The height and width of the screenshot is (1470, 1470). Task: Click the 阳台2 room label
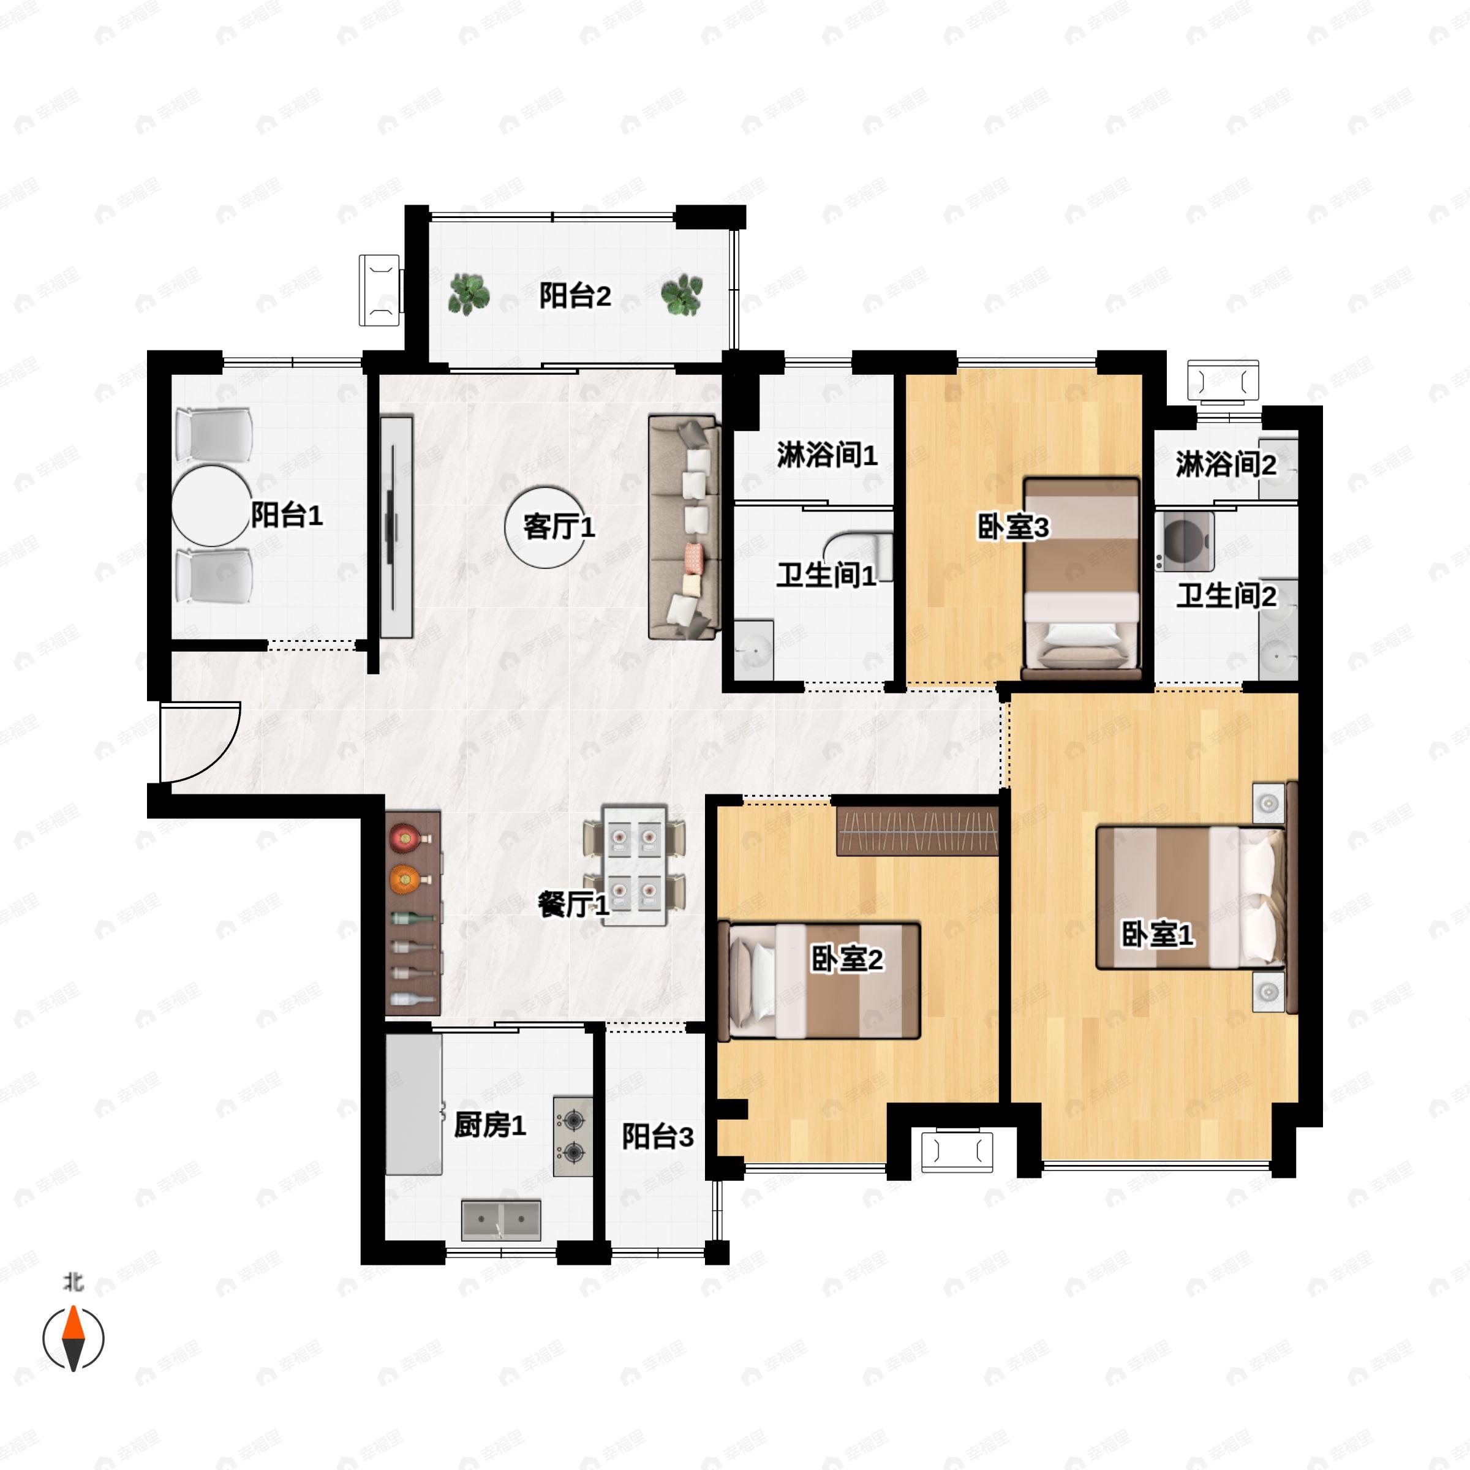[x=575, y=295]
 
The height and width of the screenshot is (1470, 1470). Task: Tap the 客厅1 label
[x=559, y=527]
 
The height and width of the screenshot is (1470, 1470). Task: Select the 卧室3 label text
[x=1012, y=527]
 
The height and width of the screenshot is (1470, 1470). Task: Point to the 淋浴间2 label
[x=1226, y=464]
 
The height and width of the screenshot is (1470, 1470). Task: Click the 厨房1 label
[x=489, y=1125]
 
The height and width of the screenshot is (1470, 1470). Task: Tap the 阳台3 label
[x=657, y=1137]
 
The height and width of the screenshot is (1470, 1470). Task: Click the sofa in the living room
[x=684, y=527]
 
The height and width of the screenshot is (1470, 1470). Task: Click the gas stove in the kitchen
[x=572, y=1136]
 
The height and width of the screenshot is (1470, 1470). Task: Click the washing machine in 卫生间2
[x=1184, y=541]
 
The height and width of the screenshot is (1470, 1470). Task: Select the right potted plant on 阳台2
[x=681, y=295]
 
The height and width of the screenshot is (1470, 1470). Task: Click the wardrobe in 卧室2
[x=917, y=832]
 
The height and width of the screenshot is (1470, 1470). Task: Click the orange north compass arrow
[x=73, y=1322]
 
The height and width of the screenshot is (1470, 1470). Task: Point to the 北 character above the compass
[x=73, y=1282]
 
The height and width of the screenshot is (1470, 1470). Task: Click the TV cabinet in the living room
[x=396, y=527]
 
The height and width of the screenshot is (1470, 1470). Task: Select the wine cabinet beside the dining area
[x=413, y=913]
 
